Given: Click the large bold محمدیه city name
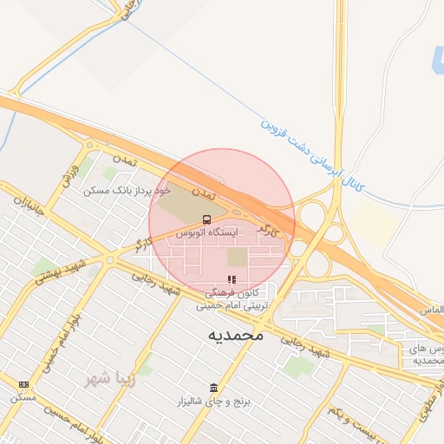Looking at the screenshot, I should point(235,334).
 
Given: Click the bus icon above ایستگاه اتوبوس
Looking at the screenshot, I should point(206,219).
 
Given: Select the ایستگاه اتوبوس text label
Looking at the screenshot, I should point(203,233).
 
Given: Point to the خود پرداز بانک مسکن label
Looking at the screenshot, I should point(128,188).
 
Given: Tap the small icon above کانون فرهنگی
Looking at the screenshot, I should point(232,279).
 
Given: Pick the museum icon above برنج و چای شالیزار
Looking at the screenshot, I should point(213,387).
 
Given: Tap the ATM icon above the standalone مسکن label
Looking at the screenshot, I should point(23,384).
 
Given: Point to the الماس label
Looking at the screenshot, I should point(430,310).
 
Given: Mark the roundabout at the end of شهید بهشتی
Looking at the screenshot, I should point(110,258).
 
